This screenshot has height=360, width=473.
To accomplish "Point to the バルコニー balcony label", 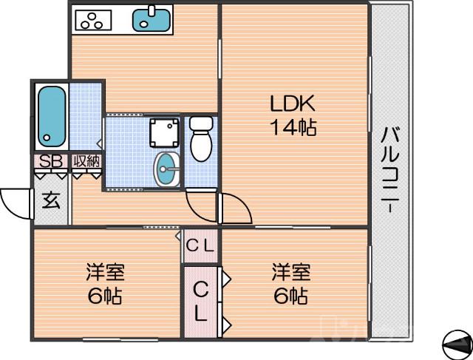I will (391, 170).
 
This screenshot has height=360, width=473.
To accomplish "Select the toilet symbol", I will (200, 138).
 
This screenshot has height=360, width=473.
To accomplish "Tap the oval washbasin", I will (167, 169).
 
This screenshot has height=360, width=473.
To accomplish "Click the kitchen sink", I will (152, 19).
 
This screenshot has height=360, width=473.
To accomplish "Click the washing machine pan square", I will (163, 133).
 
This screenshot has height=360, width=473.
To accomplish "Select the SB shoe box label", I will (50, 161).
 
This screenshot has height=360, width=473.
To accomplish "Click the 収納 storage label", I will (86, 161).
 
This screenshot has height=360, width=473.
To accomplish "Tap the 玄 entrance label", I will (50, 200).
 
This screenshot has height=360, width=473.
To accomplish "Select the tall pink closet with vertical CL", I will (200, 302).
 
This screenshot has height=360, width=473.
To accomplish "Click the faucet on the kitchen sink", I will (153, 10).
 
